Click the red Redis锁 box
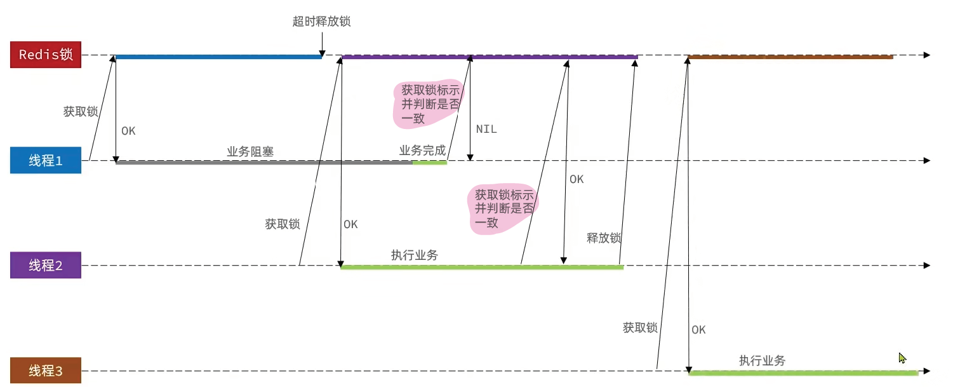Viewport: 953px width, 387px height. pos(46,55)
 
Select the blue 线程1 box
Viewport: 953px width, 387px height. pos(46,160)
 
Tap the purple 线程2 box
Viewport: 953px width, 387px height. pos(46,265)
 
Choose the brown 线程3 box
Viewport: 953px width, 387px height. pos(46,370)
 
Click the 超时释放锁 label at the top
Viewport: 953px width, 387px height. pos(322,21)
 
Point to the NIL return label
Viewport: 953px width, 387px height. pos(486,129)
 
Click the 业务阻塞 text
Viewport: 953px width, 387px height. pos(250,151)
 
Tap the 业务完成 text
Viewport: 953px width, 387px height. pos(422,150)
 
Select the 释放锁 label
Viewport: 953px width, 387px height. pos(604,238)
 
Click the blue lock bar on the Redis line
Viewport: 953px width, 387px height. pos(218,57)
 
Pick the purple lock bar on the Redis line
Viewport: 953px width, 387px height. pos(490,57)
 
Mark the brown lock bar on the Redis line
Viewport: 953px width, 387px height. pos(790,57)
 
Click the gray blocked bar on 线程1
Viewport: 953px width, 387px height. pos(263,162)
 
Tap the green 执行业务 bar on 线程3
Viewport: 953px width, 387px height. pos(804,373)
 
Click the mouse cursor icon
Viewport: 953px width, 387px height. pos(902,358)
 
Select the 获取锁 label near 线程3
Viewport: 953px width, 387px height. pos(640,327)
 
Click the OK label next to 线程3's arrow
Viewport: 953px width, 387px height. pos(698,330)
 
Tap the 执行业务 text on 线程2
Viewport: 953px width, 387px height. pos(415,255)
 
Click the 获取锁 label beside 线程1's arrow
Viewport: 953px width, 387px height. pos(81,111)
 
